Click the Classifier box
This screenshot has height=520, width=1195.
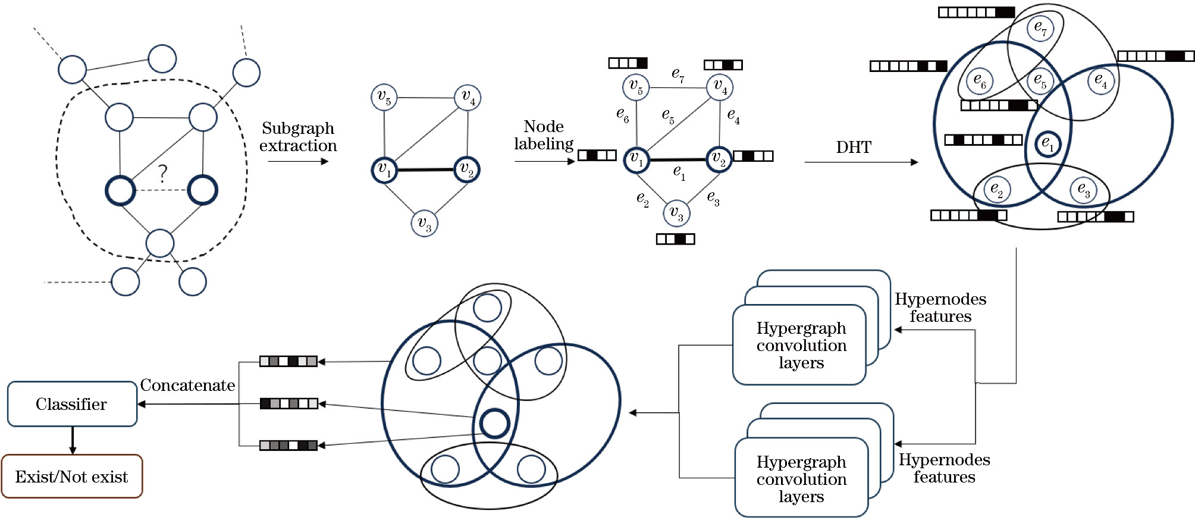point(72,404)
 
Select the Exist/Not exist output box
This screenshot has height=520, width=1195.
point(72,477)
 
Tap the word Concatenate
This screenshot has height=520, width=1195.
point(187,386)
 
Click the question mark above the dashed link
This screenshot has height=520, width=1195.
point(162,173)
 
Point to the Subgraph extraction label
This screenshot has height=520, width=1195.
point(298,137)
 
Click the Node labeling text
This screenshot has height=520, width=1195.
point(544,135)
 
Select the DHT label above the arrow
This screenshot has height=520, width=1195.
point(854,147)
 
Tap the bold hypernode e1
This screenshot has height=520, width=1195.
point(1047,143)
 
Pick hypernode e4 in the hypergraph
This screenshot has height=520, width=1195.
point(1100,80)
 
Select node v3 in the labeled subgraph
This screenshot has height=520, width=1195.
point(676,213)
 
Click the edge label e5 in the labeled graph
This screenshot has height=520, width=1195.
point(668,115)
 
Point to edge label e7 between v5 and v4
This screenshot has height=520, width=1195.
point(678,74)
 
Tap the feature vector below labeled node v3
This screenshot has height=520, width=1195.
point(675,239)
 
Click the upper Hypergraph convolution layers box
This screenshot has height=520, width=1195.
point(801,345)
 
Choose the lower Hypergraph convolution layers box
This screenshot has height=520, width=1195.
point(801,478)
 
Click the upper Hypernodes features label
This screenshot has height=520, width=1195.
point(940,308)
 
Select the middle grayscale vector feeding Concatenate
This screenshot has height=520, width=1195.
point(289,404)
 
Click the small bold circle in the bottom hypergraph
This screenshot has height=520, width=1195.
point(494,424)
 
